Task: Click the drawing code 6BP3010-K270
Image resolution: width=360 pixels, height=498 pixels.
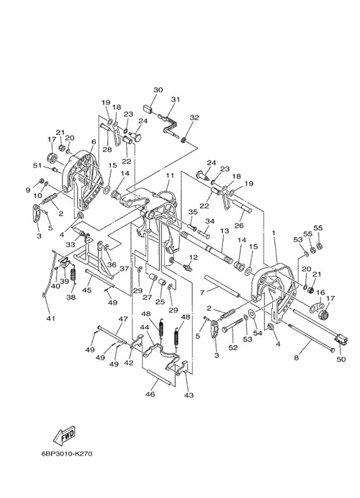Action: pos(67,453)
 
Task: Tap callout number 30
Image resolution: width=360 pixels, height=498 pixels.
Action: pos(158,90)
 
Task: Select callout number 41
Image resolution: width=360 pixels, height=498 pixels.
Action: pos(50,318)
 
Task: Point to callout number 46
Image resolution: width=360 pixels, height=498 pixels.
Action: pos(150,394)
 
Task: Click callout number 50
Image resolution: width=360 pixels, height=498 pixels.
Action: pos(341,359)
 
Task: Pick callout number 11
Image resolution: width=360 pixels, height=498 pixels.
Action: pos(170,175)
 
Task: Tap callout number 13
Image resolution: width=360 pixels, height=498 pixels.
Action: pos(224,231)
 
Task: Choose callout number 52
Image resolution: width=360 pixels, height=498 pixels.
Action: pos(233,348)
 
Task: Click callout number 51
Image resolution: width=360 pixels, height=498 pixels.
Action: pos(37,166)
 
